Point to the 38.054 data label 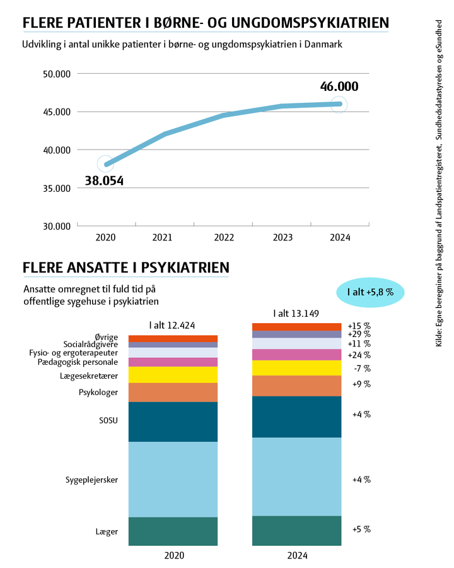[104, 181]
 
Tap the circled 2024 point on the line [339, 104]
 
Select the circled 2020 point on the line [106, 165]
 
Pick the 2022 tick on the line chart [223, 238]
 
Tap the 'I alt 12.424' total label [172, 326]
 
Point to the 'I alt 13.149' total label [296, 314]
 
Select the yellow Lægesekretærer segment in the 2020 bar [173, 375]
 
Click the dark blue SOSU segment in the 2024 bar [296, 417]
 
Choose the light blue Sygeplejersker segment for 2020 [173, 479]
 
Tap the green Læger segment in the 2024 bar [296, 530]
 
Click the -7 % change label [362, 369]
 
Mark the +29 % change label [359, 334]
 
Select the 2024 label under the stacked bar [296, 557]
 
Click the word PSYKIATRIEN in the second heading [185, 268]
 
